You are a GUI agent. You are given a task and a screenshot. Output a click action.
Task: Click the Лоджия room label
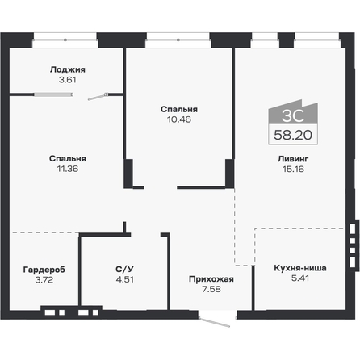click(x=67, y=69)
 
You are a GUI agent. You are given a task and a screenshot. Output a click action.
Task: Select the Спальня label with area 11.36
click(x=67, y=158)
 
